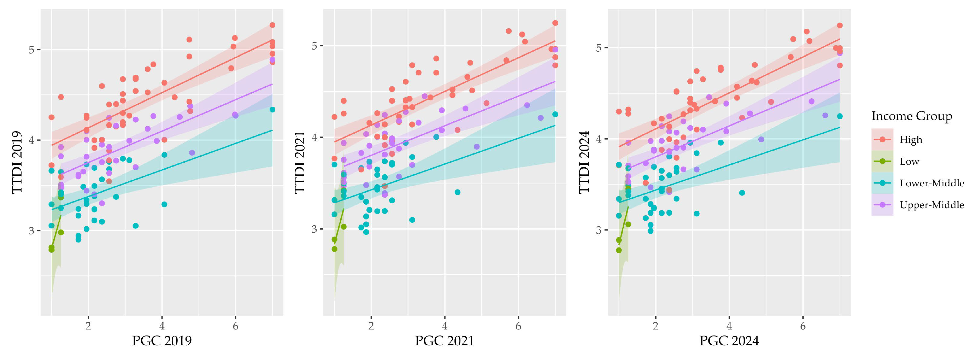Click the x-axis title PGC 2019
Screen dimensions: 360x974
click(162, 341)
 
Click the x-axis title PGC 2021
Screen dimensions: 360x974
click(444, 341)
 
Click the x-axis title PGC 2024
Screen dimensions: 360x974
click(729, 341)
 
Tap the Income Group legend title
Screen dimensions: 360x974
click(912, 116)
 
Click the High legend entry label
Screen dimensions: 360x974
click(911, 140)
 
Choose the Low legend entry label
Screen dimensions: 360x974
click(909, 161)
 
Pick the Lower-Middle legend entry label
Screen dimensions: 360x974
click(931, 183)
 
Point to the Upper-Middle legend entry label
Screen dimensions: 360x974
click(931, 205)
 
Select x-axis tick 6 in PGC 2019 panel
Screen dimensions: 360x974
click(235, 326)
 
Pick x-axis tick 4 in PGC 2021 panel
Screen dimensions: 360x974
click(445, 326)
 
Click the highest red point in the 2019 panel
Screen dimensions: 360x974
click(272, 25)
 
